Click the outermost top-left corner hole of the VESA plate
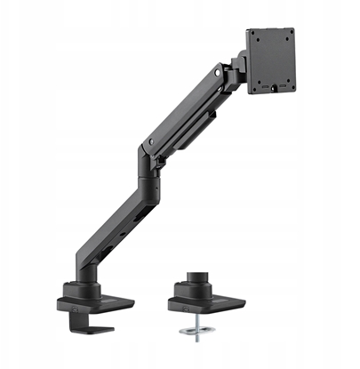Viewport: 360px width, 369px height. pos(252,34)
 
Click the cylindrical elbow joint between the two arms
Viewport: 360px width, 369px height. pos(148,159)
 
